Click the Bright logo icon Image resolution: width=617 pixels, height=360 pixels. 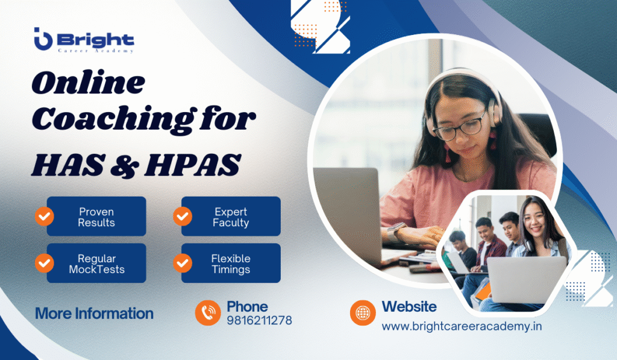pos(43,40)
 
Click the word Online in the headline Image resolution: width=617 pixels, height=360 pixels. pos(88,83)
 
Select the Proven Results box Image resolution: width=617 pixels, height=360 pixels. pos(96,216)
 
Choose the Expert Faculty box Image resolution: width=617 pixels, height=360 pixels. pos(231,216)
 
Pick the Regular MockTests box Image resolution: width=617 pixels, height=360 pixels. pos(96,264)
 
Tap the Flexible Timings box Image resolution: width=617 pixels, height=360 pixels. pos(231,264)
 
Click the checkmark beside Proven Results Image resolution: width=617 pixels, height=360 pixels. pos(44,216)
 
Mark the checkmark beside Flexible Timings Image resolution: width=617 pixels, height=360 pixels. pos(183,263)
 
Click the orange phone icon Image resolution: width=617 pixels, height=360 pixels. pos(207,312)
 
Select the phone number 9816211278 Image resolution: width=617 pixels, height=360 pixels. pos(259,321)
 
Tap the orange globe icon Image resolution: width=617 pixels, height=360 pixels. pos(363,312)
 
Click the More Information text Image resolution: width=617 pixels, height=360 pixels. pos(94,314)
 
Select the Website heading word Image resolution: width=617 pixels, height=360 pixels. pos(409,306)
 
